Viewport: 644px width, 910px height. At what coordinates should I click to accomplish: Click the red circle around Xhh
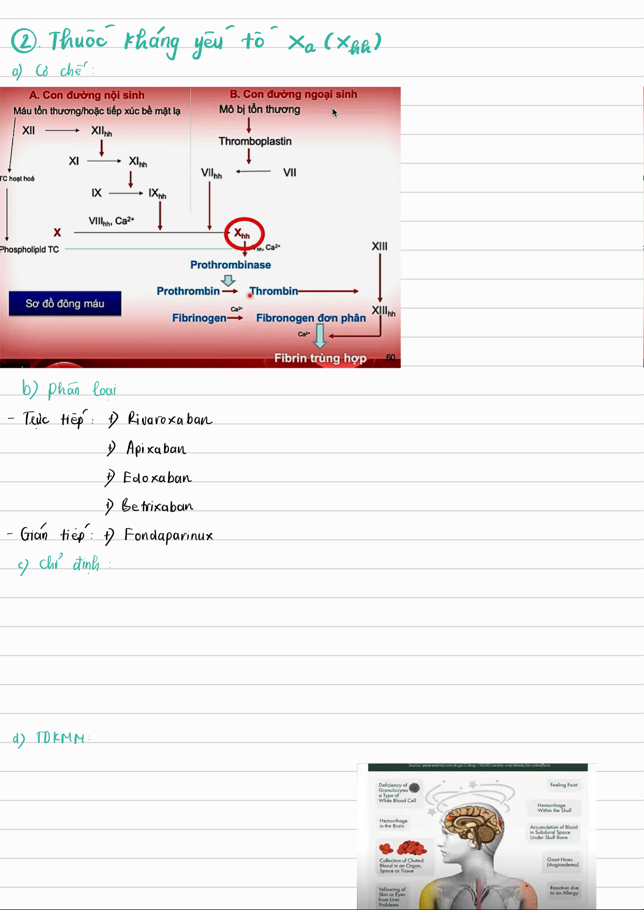[244, 233]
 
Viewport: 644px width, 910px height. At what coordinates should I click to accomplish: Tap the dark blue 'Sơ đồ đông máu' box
[65, 304]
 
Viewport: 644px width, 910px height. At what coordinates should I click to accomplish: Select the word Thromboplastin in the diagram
[255, 141]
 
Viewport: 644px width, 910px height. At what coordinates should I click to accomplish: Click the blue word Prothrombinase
[231, 265]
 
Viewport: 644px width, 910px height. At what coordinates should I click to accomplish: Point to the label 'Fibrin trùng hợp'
[320, 358]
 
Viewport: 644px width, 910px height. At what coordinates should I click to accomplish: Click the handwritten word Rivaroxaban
[169, 419]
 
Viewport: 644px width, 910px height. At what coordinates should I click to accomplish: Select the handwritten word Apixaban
[156, 448]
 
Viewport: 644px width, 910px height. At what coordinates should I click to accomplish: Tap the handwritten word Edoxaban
[157, 477]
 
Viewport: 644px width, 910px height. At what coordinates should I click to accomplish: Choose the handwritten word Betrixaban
[158, 506]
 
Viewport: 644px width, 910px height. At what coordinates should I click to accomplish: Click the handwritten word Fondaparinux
[168, 535]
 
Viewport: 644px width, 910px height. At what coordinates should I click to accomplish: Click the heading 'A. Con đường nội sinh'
[87, 95]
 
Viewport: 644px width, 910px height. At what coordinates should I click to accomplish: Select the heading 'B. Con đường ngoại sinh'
[293, 94]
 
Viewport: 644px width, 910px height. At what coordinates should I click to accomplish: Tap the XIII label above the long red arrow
[380, 246]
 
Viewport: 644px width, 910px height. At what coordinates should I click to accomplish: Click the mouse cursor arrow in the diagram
[335, 113]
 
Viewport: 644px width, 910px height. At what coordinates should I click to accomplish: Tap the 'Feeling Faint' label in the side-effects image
[564, 785]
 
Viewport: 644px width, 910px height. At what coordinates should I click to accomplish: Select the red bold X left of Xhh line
[57, 232]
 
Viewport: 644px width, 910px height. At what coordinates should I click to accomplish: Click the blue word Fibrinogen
[199, 318]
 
